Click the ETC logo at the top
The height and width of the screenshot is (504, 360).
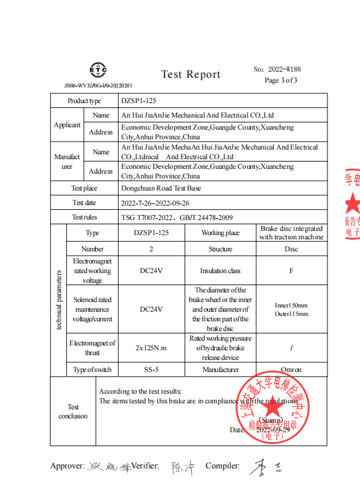[98, 71]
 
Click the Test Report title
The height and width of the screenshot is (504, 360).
[191, 74]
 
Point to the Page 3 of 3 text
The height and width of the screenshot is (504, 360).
[280, 80]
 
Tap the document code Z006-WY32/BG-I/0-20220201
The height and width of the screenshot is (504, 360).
[98, 86]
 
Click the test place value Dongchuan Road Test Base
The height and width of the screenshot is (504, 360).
[161, 188]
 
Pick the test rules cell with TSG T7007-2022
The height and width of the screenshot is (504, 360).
[177, 217]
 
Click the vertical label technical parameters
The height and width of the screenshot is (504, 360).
[58, 300]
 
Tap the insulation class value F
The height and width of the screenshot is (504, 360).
[291, 271]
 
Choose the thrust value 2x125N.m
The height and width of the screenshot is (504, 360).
[151, 348]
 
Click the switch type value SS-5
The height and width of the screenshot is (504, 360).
[151, 370]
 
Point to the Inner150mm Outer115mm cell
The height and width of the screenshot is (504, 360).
[291, 309]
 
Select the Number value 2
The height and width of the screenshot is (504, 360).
[151, 248]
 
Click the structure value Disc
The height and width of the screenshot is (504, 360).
[291, 248]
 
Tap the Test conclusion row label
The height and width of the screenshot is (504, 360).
[73, 411]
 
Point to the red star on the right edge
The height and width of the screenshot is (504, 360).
[352, 204]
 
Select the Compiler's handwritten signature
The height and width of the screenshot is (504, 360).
[265, 467]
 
